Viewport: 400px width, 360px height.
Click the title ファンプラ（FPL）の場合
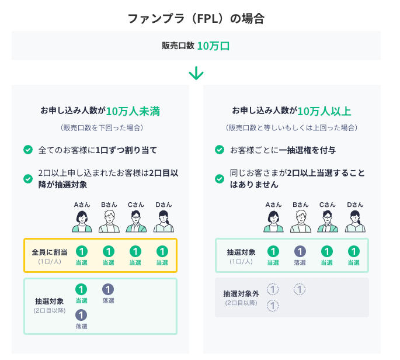pos(196,18)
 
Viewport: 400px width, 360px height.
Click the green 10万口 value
pos(213,46)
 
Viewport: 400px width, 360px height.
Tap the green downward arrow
pos(196,73)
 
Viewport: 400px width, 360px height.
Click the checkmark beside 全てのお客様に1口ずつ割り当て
pos(27,150)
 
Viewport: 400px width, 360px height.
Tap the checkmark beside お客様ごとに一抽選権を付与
pos(219,150)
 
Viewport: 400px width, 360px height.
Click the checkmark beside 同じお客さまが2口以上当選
pos(219,178)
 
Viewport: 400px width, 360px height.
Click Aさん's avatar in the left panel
pos(82,221)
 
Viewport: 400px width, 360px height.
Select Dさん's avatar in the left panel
pos(162,221)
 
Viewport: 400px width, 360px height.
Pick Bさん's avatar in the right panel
pos(300,221)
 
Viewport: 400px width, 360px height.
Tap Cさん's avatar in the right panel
pos(327,221)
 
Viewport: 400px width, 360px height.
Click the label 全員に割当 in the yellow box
pos(49,252)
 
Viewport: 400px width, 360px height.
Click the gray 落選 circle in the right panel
pos(300,251)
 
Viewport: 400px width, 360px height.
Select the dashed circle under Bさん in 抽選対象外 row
pos(299,289)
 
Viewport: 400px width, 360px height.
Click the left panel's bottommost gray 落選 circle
pos(82,315)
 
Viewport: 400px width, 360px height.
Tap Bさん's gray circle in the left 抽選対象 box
pos(108,289)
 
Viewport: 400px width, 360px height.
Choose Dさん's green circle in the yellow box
pos(162,252)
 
